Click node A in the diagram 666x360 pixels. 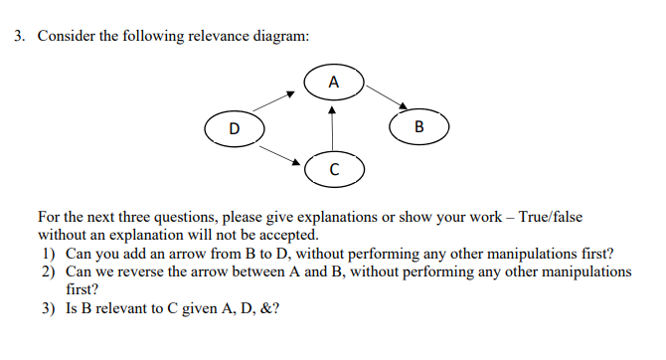[333, 82]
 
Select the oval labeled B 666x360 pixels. [418, 126]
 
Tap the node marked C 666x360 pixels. [333, 169]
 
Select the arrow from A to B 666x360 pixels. [387, 96]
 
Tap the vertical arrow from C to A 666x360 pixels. [333, 127]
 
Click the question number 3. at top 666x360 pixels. [20, 37]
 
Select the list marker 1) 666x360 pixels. [48, 253]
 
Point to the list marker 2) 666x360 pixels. [48, 270]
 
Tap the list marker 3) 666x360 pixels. [48, 308]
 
